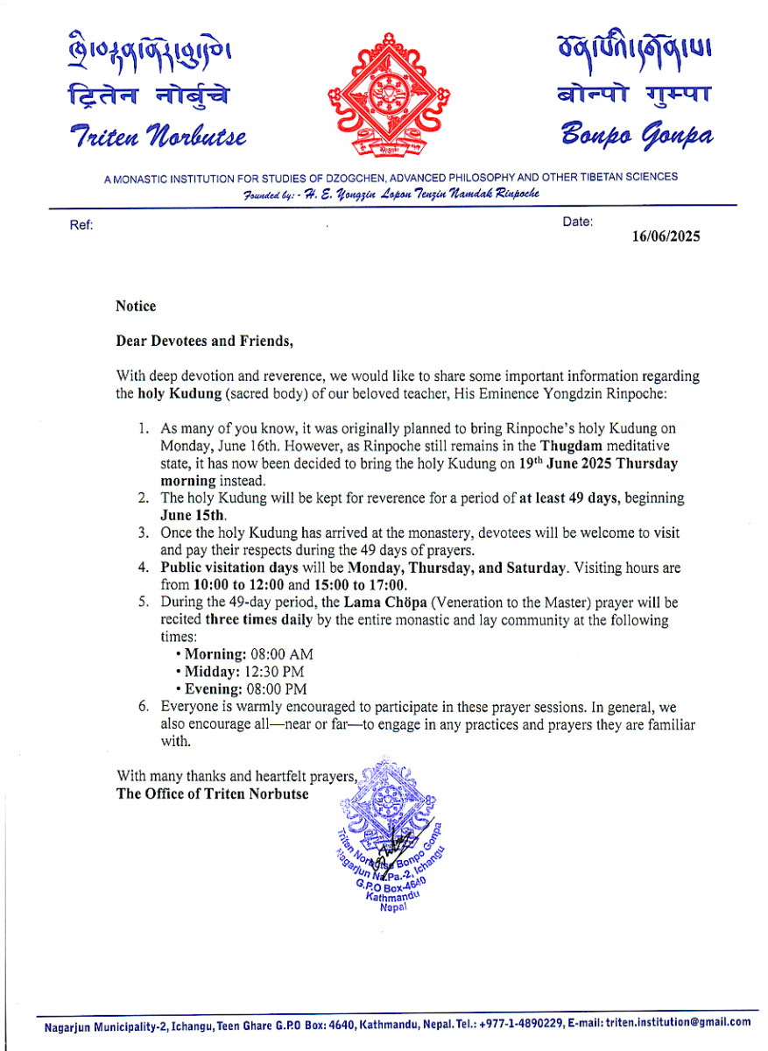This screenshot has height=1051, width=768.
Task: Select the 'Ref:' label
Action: point(81,225)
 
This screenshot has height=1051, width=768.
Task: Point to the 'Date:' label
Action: point(577,222)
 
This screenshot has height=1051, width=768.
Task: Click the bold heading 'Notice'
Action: point(136,307)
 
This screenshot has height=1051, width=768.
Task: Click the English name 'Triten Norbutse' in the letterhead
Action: point(157,137)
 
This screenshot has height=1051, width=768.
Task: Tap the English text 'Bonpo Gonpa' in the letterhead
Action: point(637,135)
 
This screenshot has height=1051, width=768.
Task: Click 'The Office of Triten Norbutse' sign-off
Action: point(213,794)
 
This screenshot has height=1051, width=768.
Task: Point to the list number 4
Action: point(144,568)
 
